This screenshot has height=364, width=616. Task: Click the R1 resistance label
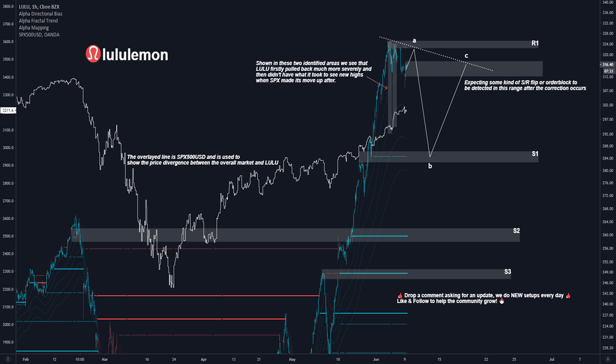point(535,44)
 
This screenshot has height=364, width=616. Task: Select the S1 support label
point(535,154)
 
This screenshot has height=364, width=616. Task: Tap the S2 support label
point(516,231)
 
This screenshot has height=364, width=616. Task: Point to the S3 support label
point(508,271)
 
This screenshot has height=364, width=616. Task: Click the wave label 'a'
point(414,41)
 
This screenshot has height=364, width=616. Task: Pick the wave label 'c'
point(467,55)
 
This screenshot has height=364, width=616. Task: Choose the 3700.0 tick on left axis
point(9,24)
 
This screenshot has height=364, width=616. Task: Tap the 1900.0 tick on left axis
point(9,342)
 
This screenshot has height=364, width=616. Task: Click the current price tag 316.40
point(606,64)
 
